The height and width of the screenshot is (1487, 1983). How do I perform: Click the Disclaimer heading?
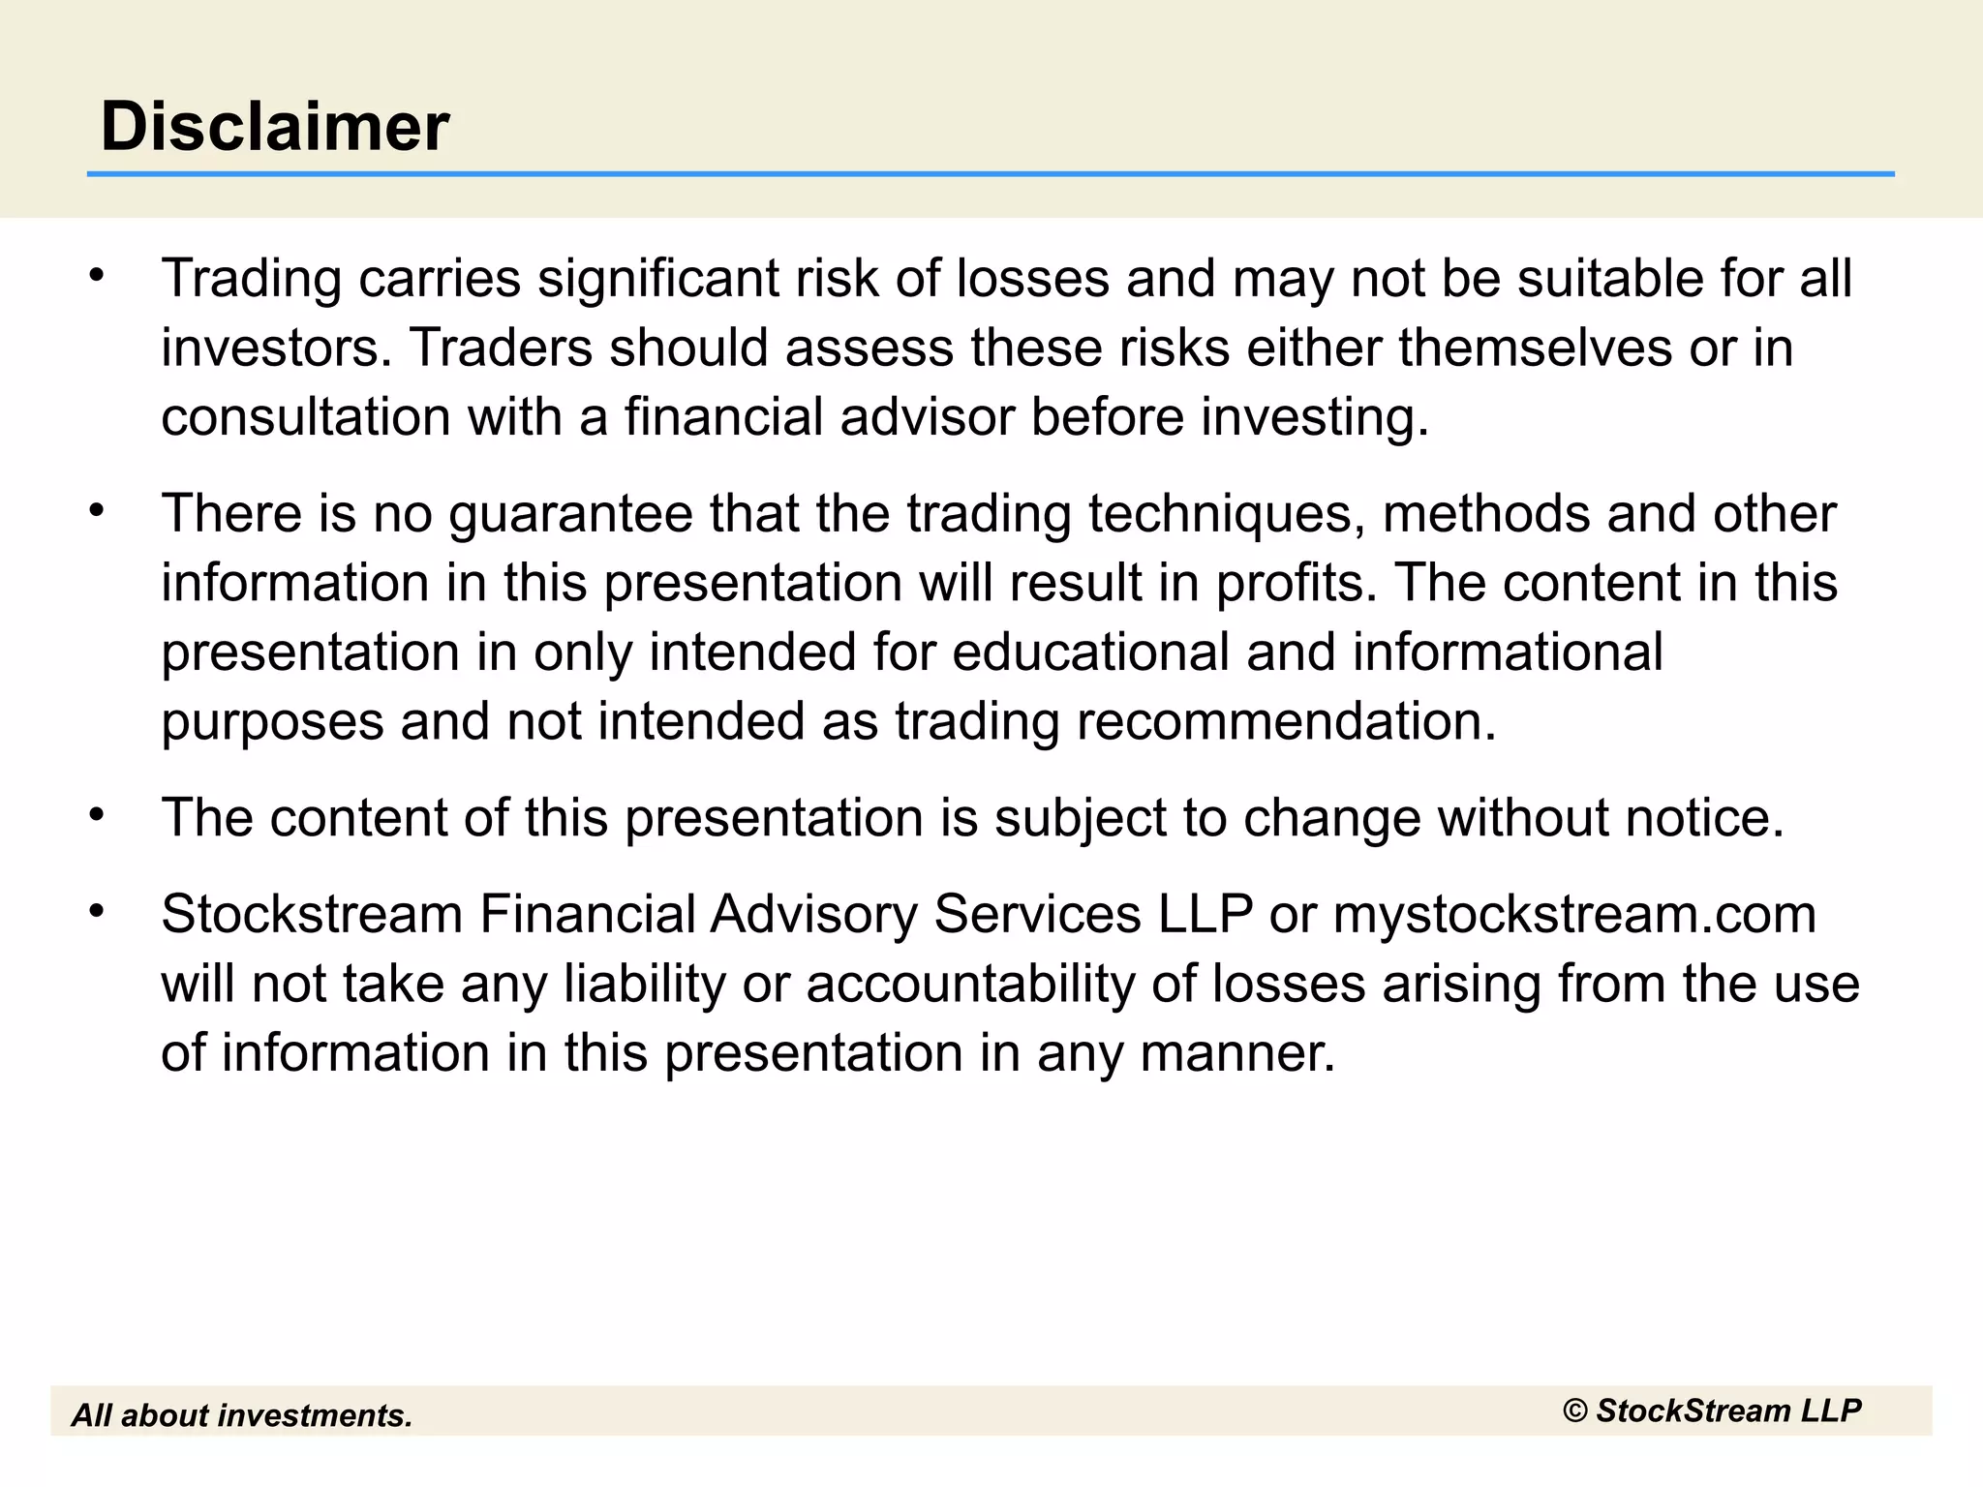tap(275, 127)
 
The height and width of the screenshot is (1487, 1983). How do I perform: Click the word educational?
tap(1091, 652)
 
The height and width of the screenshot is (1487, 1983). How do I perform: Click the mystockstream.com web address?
tap(1574, 915)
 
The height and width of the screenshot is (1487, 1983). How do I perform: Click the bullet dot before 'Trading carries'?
tap(95, 276)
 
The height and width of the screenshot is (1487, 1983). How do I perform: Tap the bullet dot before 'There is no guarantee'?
tap(95, 511)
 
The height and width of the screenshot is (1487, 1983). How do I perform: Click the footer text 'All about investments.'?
tap(242, 1415)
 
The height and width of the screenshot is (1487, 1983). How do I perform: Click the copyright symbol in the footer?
tap(1575, 1411)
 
